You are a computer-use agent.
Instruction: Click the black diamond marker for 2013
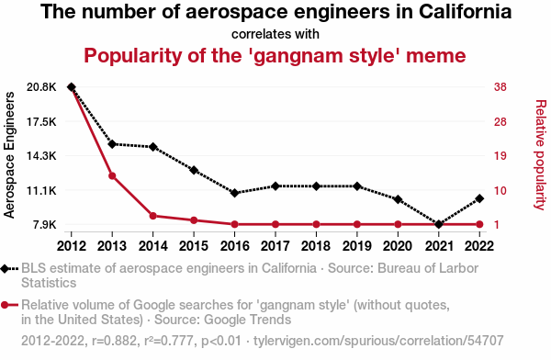coord(112,144)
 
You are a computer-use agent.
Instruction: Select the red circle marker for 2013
coord(112,175)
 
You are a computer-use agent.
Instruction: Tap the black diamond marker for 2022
coord(479,198)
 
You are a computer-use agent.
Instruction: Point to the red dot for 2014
coord(152,216)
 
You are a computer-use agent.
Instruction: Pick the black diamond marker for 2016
coord(235,193)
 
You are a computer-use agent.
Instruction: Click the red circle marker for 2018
coord(316,224)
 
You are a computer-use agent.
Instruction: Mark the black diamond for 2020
coord(398,199)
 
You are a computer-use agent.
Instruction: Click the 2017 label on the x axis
coord(275,246)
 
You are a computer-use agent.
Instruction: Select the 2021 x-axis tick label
coord(439,246)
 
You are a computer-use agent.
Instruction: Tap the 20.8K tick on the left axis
coord(41,87)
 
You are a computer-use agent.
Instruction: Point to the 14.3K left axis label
coord(41,156)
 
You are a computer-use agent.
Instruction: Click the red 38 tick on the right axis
coord(500,87)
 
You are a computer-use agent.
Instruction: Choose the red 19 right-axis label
coord(500,156)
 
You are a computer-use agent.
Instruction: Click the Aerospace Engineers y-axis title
coord(9,155)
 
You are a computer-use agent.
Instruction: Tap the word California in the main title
coord(465,11)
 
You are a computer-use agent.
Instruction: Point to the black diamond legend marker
coord(5,269)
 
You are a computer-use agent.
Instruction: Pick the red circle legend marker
coord(5,305)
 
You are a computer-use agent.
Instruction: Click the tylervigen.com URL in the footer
coord(378,341)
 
